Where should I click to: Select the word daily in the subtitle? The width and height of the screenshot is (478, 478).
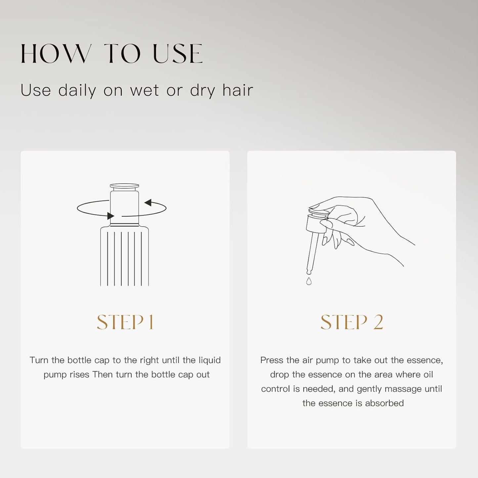coord(77,90)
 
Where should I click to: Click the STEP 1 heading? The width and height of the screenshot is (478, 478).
coord(125,322)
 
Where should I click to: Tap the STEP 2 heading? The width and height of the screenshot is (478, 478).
coord(352,322)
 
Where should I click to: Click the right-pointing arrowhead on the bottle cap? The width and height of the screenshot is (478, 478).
coord(110,216)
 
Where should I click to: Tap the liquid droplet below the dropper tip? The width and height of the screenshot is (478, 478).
coord(309,281)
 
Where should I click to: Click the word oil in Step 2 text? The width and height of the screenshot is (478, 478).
coord(428,374)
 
